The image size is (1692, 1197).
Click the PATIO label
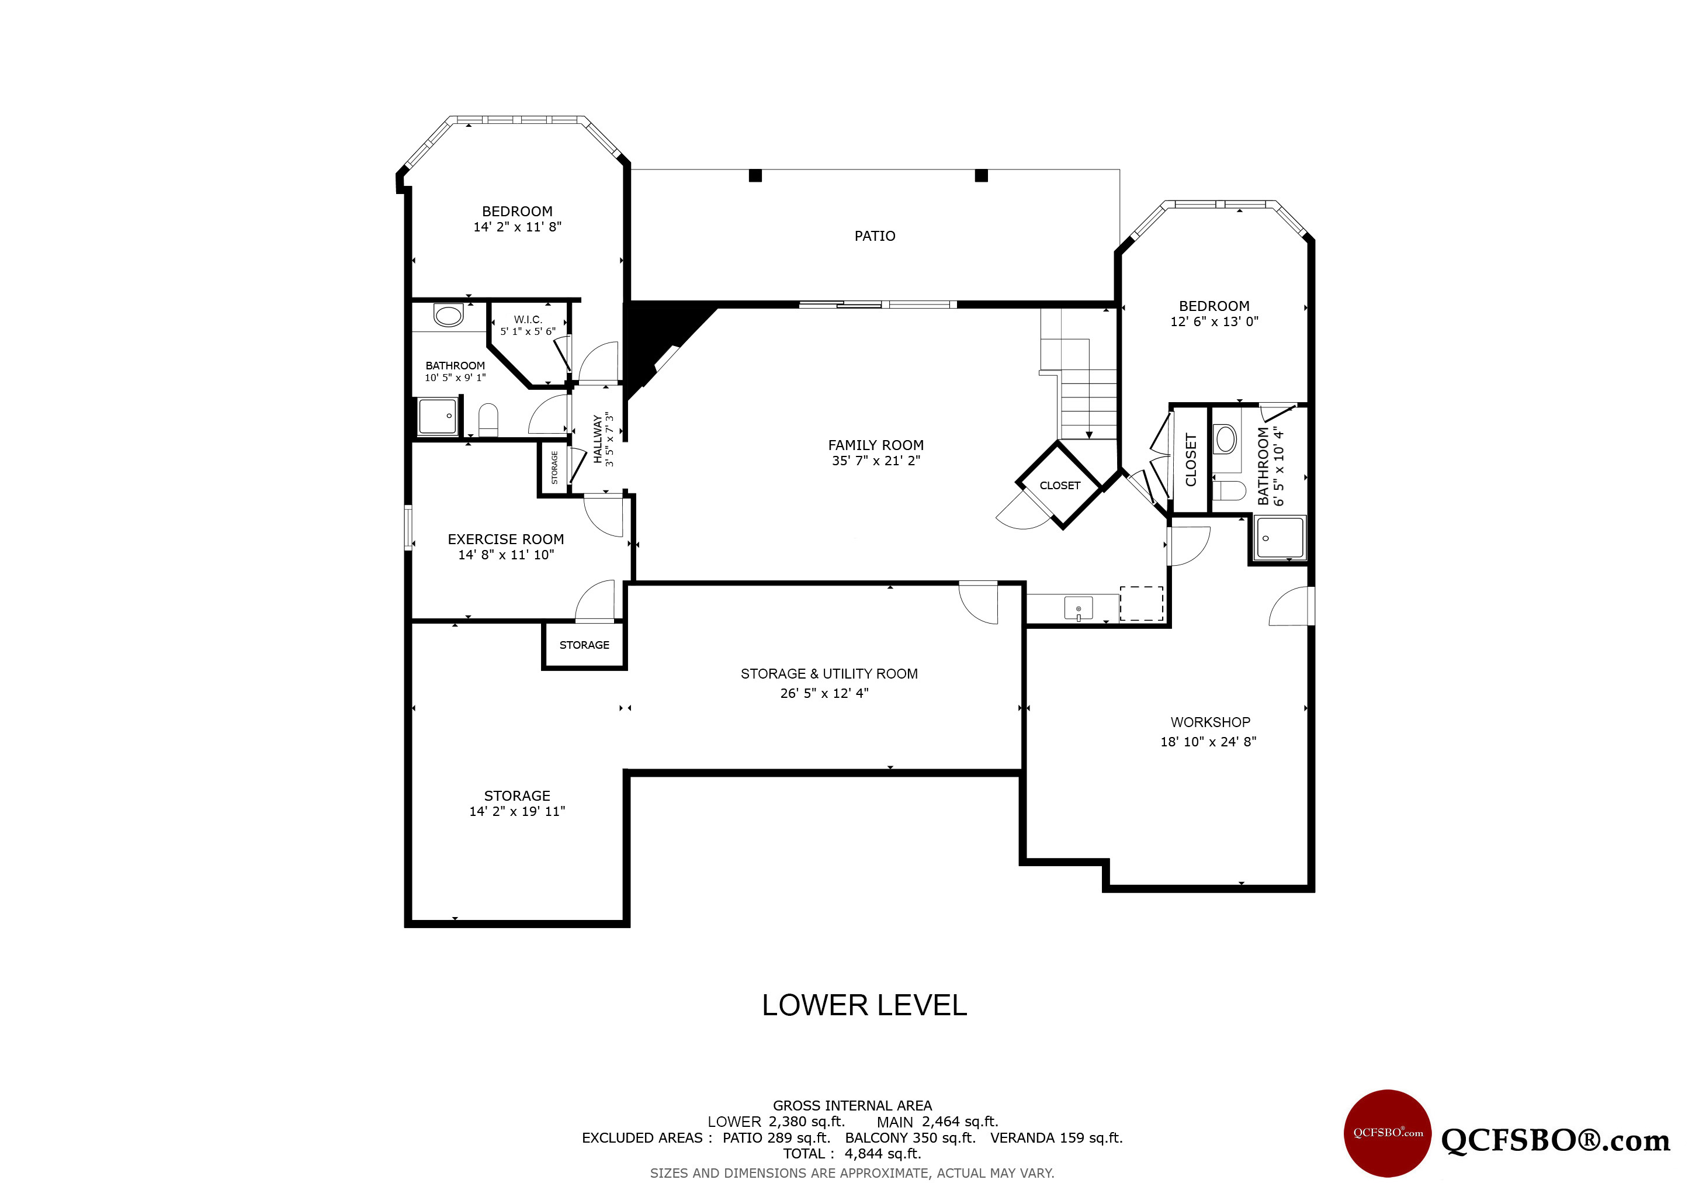tap(875, 236)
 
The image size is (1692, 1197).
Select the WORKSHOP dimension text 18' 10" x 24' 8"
tap(1209, 742)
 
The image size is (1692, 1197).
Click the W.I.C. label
tap(528, 319)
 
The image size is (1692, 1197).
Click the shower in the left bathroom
tap(437, 417)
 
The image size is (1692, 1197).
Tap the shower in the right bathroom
tap(1280, 538)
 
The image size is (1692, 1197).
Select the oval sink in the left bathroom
tap(449, 316)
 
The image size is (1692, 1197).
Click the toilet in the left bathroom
tap(488, 420)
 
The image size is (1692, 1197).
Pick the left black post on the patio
tap(755, 175)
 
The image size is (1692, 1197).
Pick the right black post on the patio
tap(981, 175)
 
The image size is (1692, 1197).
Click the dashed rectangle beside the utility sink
tap(1142, 603)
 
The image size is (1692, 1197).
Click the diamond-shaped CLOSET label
tap(1060, 486)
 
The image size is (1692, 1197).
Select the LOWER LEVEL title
tap(865, 1005)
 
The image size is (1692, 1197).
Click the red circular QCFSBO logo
tap(1388, 1133)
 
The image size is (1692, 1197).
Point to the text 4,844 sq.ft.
tap(883, 1154)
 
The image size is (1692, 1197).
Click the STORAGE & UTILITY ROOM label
tap(829, 674)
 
